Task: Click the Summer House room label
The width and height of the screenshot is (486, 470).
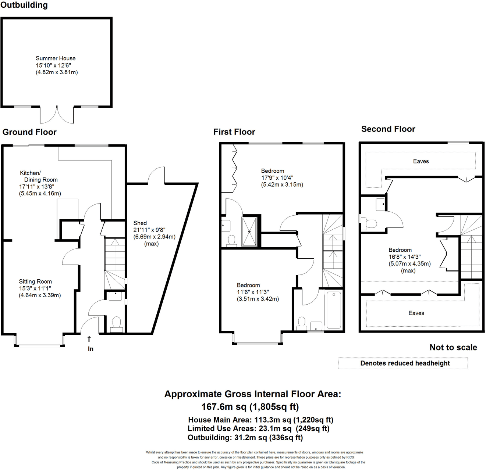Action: [56, 58]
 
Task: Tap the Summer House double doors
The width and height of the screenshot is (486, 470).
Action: [57, 114]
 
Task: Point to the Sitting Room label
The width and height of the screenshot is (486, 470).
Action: [35, 281]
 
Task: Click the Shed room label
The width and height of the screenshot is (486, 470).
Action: [140, 223]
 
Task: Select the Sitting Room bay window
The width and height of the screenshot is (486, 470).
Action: [40, 345]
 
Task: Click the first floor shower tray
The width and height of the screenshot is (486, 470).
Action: [249, 232]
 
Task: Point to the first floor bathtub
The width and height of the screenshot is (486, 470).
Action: [334, 309]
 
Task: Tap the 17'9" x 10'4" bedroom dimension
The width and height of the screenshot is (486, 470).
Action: [277, 178]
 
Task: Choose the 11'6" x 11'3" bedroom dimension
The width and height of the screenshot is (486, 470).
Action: [253, 292]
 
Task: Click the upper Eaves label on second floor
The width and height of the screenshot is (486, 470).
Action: [421, 161]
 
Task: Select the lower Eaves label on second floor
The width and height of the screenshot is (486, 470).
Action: [416, 313]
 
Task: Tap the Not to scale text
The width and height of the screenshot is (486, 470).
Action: [453, 347]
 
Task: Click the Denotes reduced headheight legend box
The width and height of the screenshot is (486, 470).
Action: [403, 363]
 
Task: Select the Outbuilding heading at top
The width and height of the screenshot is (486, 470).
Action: [24, 5]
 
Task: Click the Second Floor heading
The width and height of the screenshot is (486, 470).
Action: [388, 129]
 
